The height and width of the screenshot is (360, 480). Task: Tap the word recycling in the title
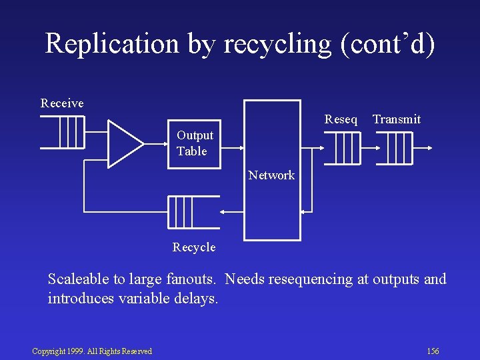(x=277, y=45)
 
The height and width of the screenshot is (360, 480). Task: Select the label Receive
(x=62, y=103)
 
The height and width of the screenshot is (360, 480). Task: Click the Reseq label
(x=341, y=119)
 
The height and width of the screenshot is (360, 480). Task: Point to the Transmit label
(x=397, y=119)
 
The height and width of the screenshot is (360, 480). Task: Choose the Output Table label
(x=195, y=143)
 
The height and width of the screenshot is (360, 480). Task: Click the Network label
(x=271, y=175)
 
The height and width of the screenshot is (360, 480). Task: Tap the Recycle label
(x=194, y=247)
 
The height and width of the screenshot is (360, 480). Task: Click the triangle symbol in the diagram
(x=123, y=143)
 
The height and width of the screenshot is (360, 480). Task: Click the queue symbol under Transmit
(x=399, y=148)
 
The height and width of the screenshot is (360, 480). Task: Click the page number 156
(x=433, y=351)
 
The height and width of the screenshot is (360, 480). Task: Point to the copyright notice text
(x=92, y=351)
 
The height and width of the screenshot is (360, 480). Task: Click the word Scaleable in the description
(x=79, y=279)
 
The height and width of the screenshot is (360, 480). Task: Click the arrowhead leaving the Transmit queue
(x=431, y=148)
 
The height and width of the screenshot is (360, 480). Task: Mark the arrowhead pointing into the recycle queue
(x=223, y=212)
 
